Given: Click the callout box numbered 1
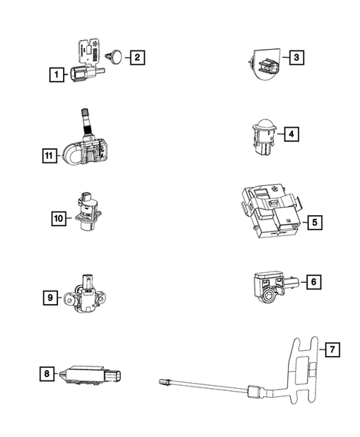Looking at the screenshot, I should [x=54, y=74].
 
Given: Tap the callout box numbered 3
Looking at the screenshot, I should [x=295, y=58].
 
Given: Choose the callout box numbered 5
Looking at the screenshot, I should [x=314, y=221].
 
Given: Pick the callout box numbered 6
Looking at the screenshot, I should [x=313, y=282].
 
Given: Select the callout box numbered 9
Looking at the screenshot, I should [x=50, y=298].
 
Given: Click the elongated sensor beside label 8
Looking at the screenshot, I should [x=90, y=375].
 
